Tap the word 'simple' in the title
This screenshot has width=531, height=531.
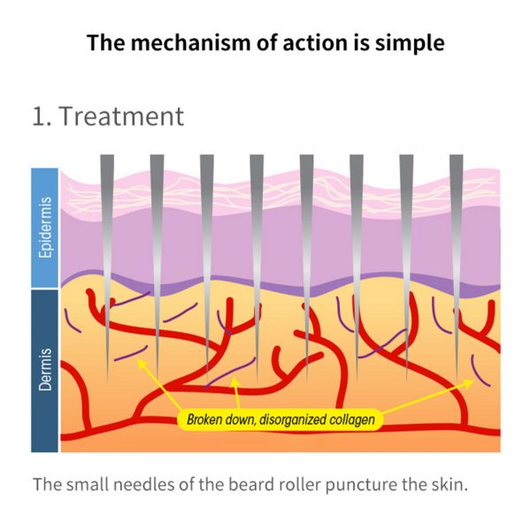(x=410, y=44)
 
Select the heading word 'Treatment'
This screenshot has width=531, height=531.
(x=121, y=116)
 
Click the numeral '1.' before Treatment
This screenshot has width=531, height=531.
(x=42, y=117)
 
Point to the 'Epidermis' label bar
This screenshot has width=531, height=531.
(x=45, y=227)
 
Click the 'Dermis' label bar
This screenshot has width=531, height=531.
(x=45, y=371)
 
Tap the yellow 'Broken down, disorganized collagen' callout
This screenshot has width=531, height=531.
(x=281, y=419)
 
